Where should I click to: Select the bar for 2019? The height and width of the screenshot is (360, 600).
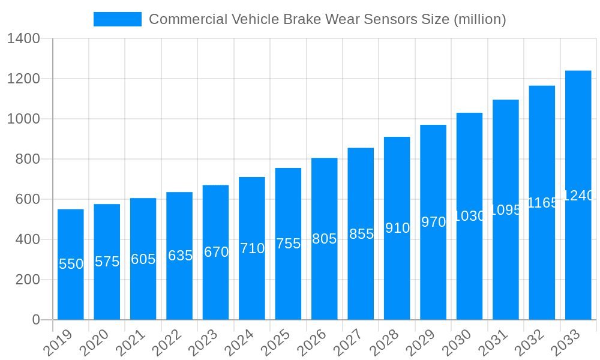pos(71,264)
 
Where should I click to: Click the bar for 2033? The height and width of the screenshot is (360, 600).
pos(578,195)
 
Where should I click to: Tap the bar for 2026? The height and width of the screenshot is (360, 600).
pos(325,239)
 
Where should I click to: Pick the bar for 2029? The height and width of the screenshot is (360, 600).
pos(433,222)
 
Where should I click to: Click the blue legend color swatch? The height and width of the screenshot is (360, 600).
pos(118,19)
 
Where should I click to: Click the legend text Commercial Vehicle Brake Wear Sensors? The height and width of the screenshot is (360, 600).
pos(327,19)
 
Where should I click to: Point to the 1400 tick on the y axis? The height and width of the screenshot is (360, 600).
pos(23,39)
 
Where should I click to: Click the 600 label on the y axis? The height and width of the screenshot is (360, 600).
pos(23,199)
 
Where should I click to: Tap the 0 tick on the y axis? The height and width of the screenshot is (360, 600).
pos(35,320)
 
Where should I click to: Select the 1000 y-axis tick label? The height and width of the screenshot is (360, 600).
pos(23,119)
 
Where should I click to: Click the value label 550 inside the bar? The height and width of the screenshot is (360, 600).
pos(71,264)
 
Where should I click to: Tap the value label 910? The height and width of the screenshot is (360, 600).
pos(397,228)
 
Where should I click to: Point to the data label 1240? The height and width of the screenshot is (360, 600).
pos(578,196)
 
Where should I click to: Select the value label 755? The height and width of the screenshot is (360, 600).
pos(288,244)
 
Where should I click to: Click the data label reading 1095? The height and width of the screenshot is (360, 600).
pos(506,210)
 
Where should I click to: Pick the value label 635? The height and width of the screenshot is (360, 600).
pos(179,256)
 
